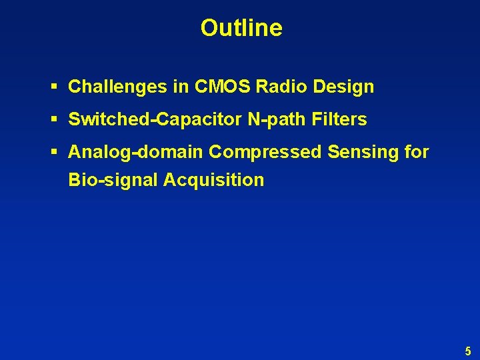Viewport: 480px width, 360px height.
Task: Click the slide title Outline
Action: [x=241, y=28]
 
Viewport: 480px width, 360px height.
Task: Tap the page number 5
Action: [x=468, y=351]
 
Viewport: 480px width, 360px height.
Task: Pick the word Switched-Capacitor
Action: [x=155, y=120]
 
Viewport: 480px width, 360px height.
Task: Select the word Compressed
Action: [x=265, y=153]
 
